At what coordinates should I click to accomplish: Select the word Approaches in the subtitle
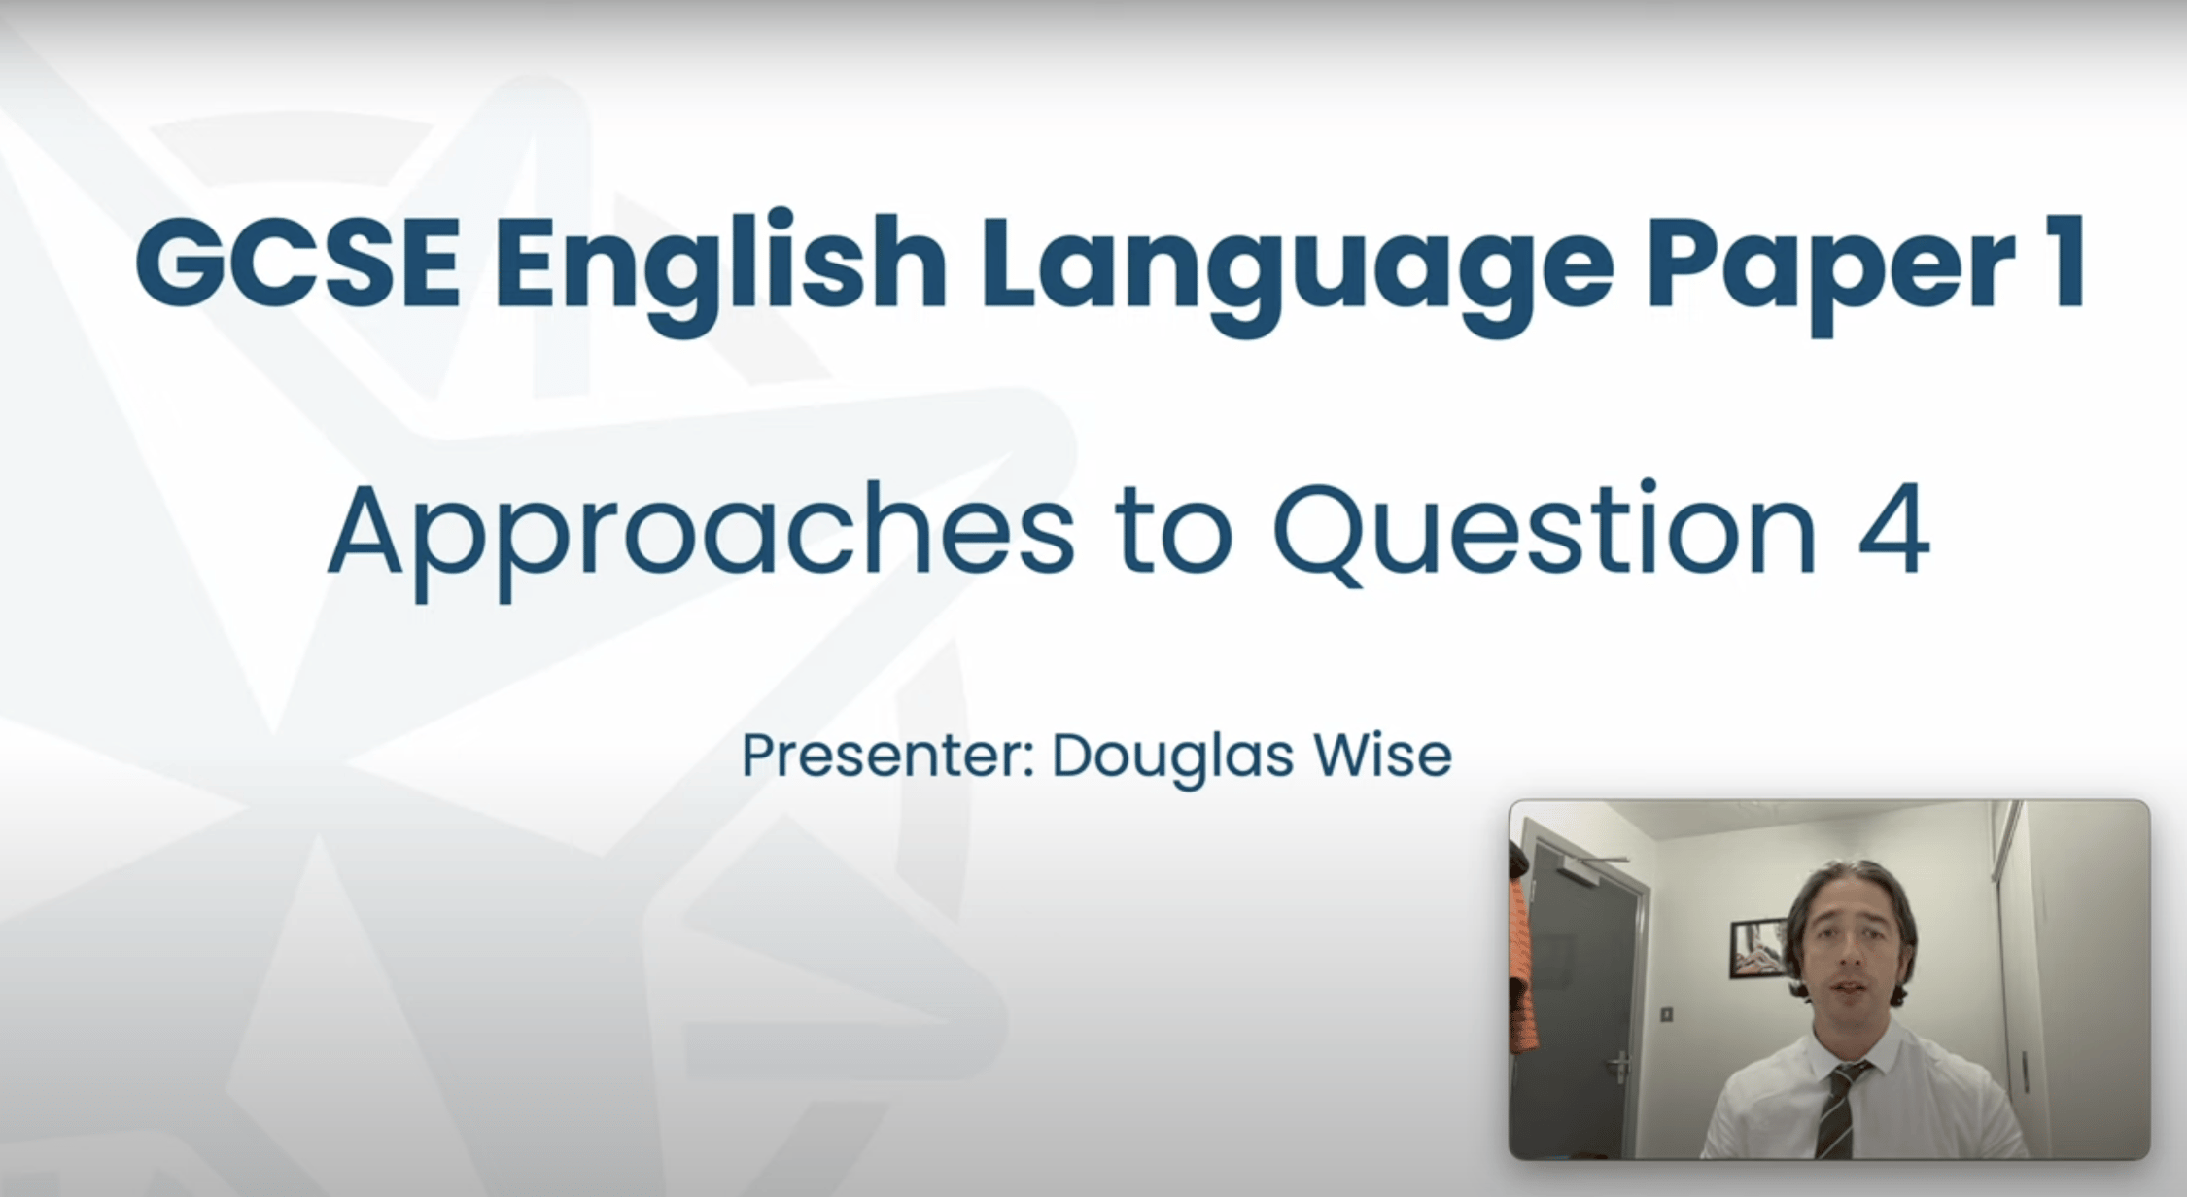(x=700, y=533)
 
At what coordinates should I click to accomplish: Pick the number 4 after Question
(x=1891, y=530)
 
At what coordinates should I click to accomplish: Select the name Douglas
(x=1171, y=757)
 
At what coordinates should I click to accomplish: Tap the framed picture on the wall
(x=1756, y=947)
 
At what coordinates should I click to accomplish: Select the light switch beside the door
(x=1666, y=1014)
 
